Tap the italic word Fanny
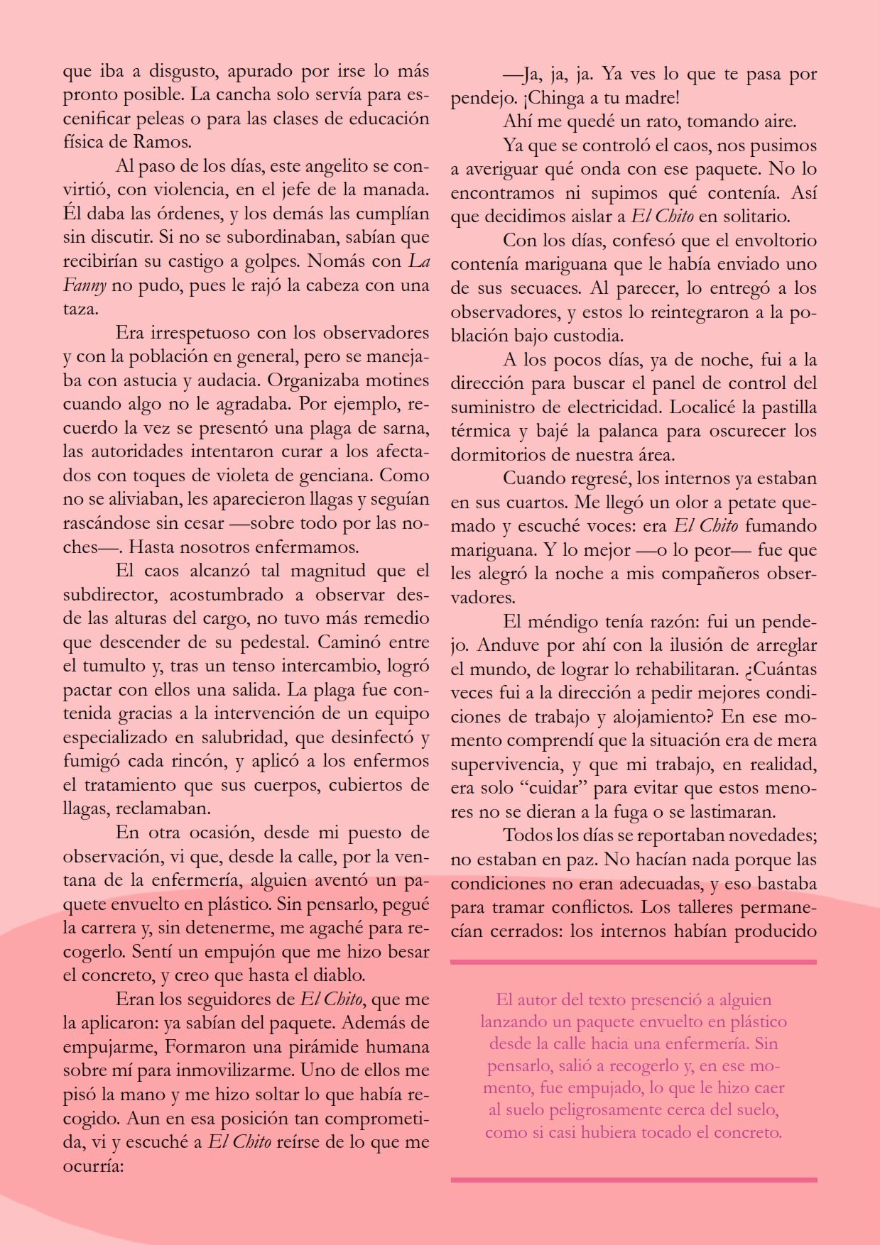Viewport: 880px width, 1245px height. [84, 286]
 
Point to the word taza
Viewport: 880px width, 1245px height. [79, 309]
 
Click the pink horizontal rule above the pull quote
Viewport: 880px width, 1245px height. [634, 962]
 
